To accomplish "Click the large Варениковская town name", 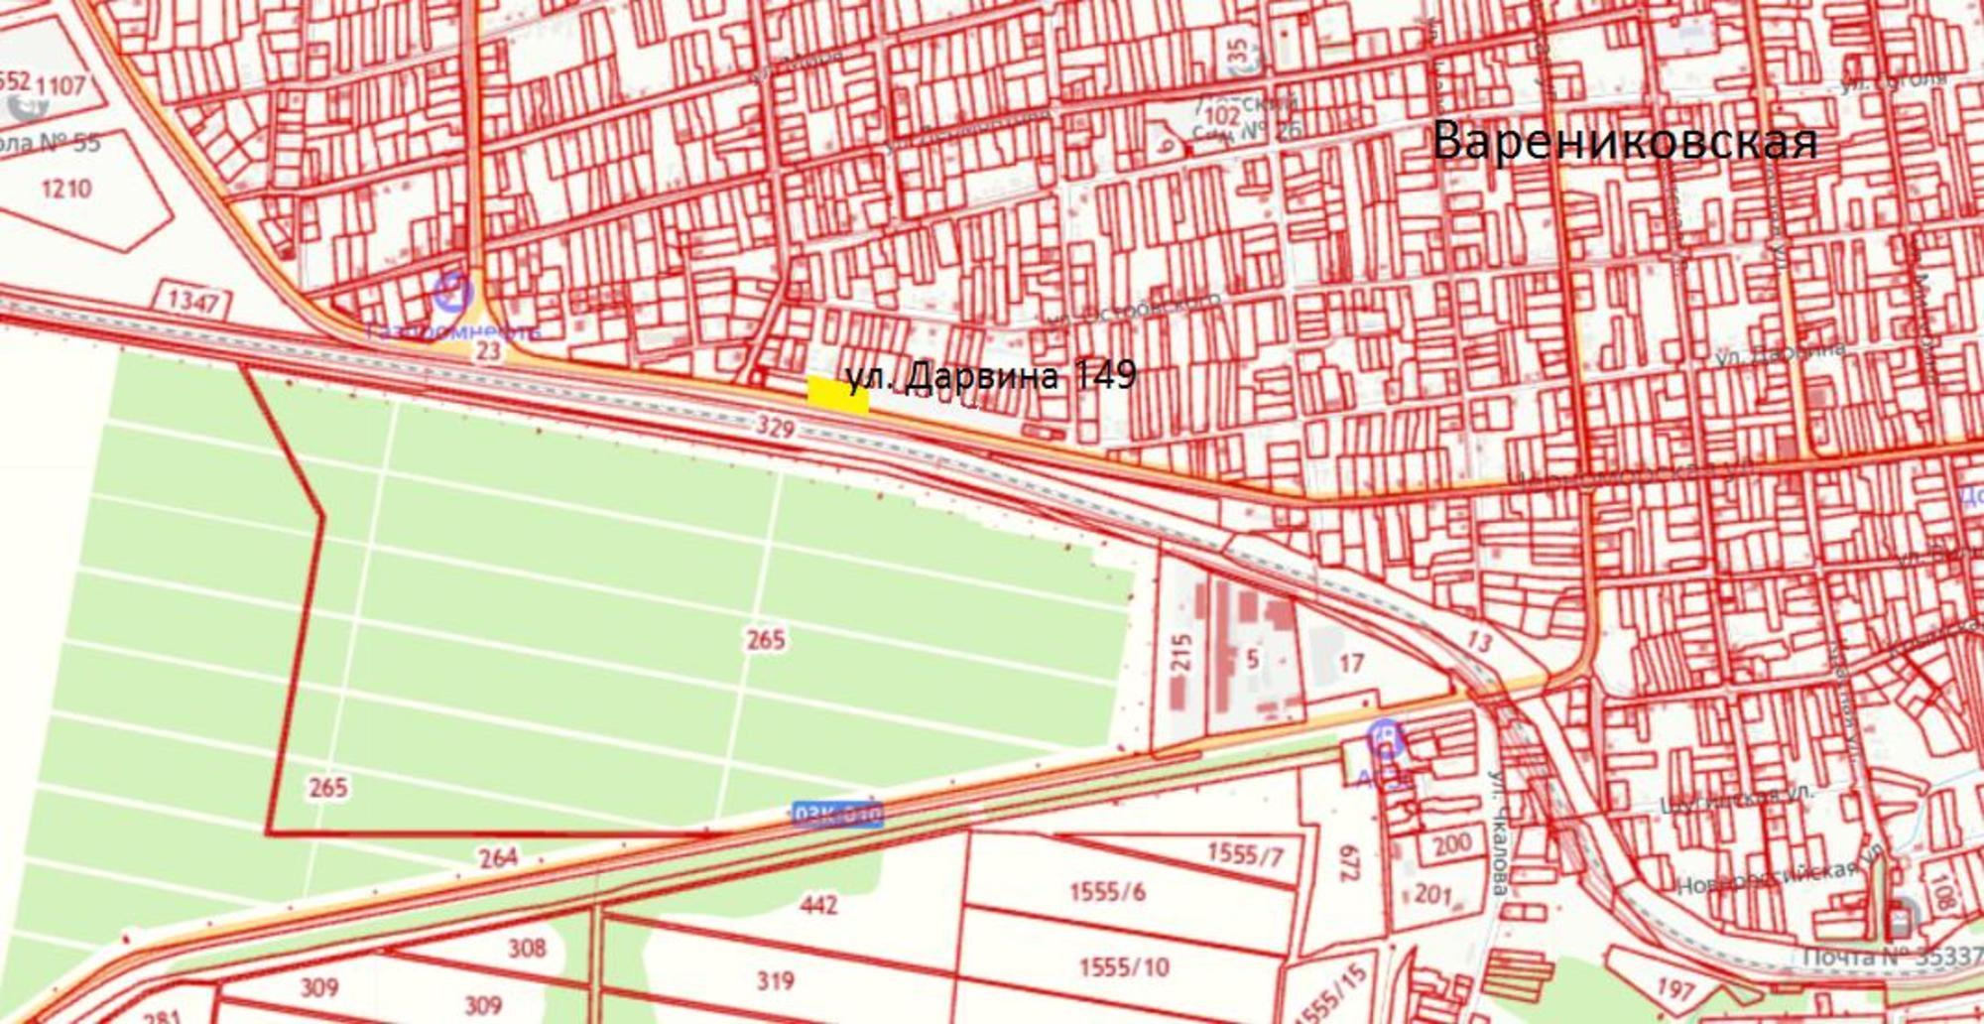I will point(1625,141).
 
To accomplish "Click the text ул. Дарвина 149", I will point(991,375).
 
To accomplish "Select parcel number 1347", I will point(193,299).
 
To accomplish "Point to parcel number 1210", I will point(66,188).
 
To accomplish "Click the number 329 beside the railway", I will point(775,428).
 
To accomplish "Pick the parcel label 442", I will point(818,904).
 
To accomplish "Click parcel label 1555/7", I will point(1245,853).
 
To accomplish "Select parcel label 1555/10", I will point(1123,965).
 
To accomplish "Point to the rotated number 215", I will point(1180,654).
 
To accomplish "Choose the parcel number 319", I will point(775,980).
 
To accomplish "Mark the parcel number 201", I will point(1432,893).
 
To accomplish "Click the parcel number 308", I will point(527,947).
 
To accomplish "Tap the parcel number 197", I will point(1675,988).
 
